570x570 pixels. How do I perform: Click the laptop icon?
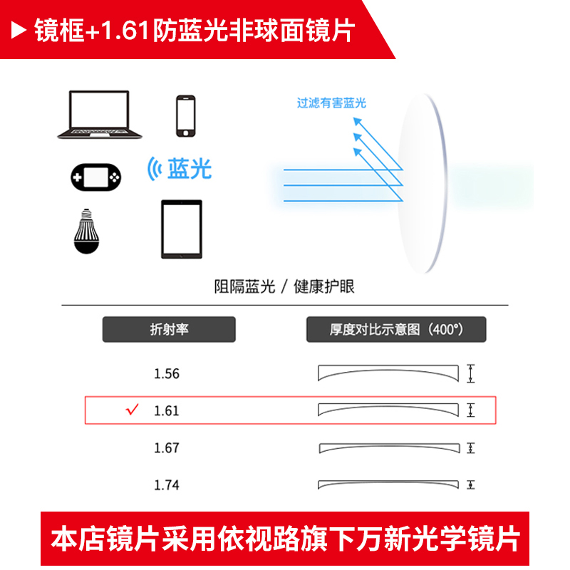pos(99,115)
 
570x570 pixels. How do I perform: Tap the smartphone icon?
pos(186,116)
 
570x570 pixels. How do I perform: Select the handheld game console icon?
pos(96,177)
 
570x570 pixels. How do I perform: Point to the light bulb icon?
pos(86,232)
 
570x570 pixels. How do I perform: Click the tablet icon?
pos(182,229)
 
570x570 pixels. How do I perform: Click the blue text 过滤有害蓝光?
pos(331,103)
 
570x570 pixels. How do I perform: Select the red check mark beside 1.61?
pos(133,409)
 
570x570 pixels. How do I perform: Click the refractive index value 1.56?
pos(167,373)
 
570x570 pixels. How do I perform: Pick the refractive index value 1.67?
pos(167,448)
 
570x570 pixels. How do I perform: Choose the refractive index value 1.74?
pos(167,485)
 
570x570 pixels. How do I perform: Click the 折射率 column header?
pos(169,329)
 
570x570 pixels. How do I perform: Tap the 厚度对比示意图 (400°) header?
pos(396,329)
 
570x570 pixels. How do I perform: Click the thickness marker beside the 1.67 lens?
pos(471,448)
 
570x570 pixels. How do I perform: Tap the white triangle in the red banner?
pos(19,30)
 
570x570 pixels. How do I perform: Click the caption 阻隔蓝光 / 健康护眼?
pos(284,286)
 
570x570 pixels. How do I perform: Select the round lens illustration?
pos(422,183)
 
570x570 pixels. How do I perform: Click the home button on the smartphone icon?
pos(186,133)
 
